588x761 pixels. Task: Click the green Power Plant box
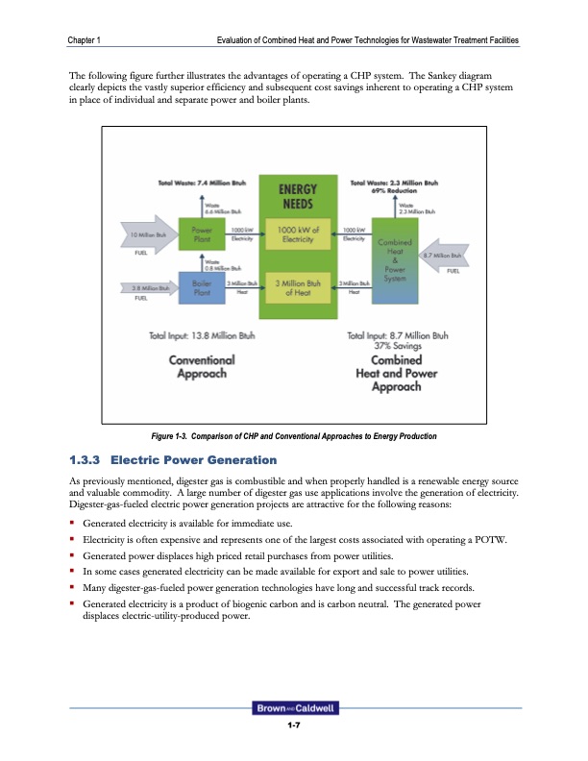click(202, 235)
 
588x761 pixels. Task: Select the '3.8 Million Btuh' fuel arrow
click(149, 287)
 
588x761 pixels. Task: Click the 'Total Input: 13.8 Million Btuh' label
click(196, 335)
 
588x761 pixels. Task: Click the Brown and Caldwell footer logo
click(293, 709)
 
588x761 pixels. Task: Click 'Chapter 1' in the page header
click(86, 39)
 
